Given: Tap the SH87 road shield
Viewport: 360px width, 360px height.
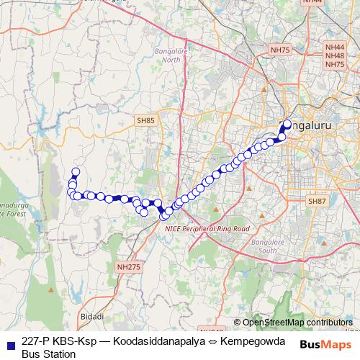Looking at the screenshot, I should (x=318, y=201).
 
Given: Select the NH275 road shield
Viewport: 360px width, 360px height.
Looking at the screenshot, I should (x=128, y=266).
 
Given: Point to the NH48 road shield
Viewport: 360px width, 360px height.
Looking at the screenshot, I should (x=335, y=55).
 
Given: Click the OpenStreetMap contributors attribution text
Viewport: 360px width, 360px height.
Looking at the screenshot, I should (x=297, y=323).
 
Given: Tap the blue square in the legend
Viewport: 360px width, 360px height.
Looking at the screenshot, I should (x=9, y=342).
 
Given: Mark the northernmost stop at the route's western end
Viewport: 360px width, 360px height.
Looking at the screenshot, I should (x=74, y=171).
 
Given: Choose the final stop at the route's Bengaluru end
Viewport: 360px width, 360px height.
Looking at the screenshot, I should (x=287, y=123).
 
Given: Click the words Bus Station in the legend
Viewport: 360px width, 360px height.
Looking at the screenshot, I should (x=49, y=354).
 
